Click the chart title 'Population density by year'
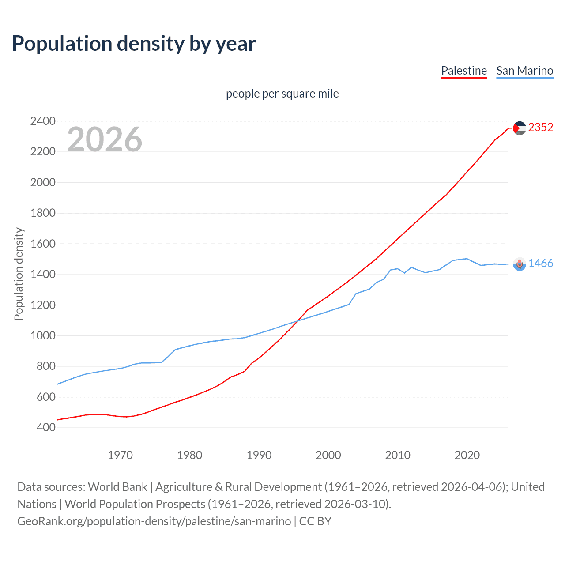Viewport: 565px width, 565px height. tap(134, 44)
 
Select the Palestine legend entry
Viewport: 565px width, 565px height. tap(463, 71)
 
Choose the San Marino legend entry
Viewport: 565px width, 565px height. tap(524, 71)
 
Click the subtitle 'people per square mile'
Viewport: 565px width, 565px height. tap(282, 94)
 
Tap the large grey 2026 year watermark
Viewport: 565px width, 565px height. tap(105, 139)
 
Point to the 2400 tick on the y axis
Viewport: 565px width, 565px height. tap(43, 121)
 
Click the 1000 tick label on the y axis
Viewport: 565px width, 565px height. tap(43, 335)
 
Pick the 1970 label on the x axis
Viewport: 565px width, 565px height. tap(120, 455)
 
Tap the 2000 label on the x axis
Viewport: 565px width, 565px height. tap(328, 455)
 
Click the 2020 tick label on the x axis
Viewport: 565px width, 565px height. tap(467, 455)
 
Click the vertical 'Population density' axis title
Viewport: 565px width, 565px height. tap(19, 274)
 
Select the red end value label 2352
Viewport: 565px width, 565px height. tap(540, 128)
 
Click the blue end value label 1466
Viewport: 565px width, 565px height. tap(540, 264)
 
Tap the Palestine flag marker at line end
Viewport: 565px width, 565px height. tap(520, 128)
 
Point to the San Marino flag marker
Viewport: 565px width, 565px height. tap(520, 264)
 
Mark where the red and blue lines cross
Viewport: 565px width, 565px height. tap(298, 321)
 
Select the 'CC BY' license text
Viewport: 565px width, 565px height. tap(315, 521)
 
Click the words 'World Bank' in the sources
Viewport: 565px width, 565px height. tap(117, 487)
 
